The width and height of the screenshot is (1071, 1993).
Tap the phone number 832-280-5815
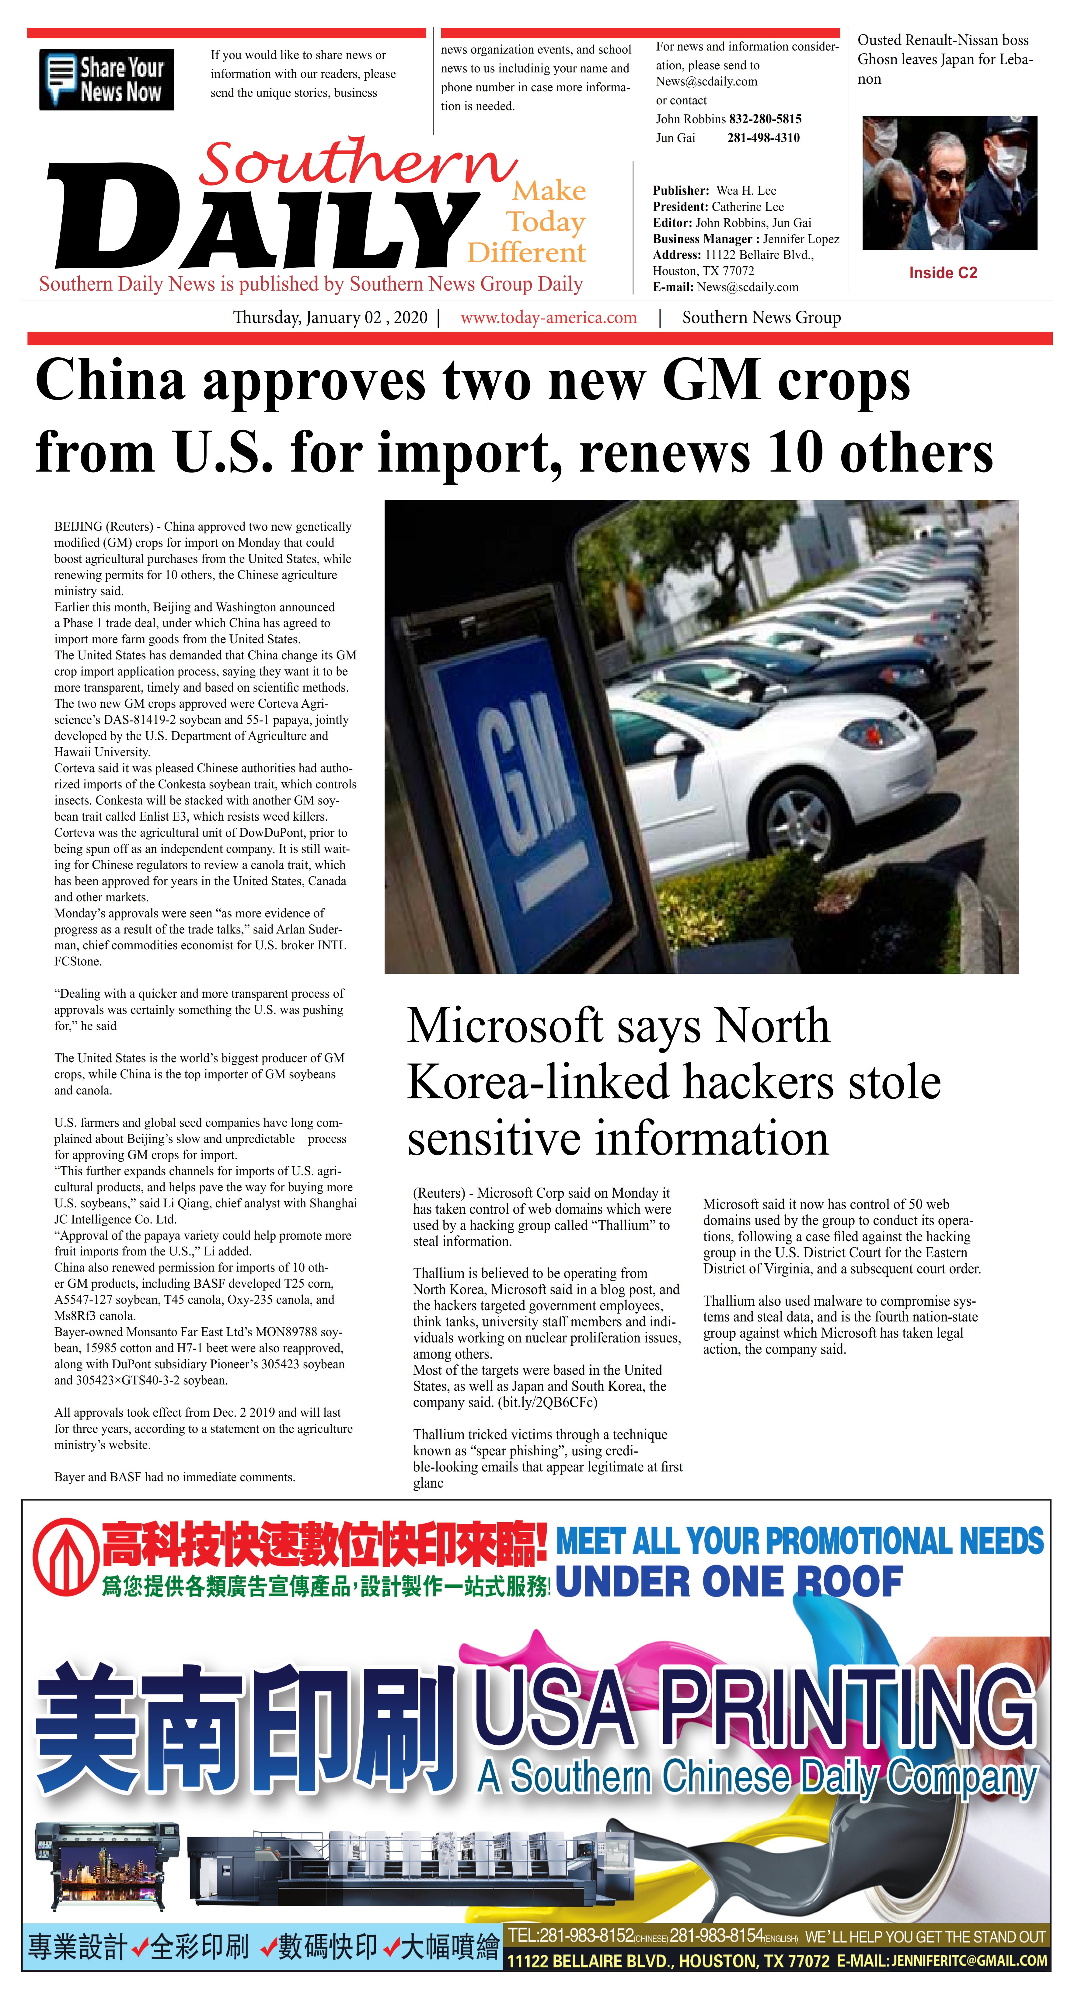point(765,119)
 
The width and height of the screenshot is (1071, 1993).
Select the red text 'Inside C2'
point(943,273)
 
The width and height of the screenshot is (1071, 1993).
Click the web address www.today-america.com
point(549,318)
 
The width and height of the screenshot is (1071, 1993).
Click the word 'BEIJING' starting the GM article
point(78,527)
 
